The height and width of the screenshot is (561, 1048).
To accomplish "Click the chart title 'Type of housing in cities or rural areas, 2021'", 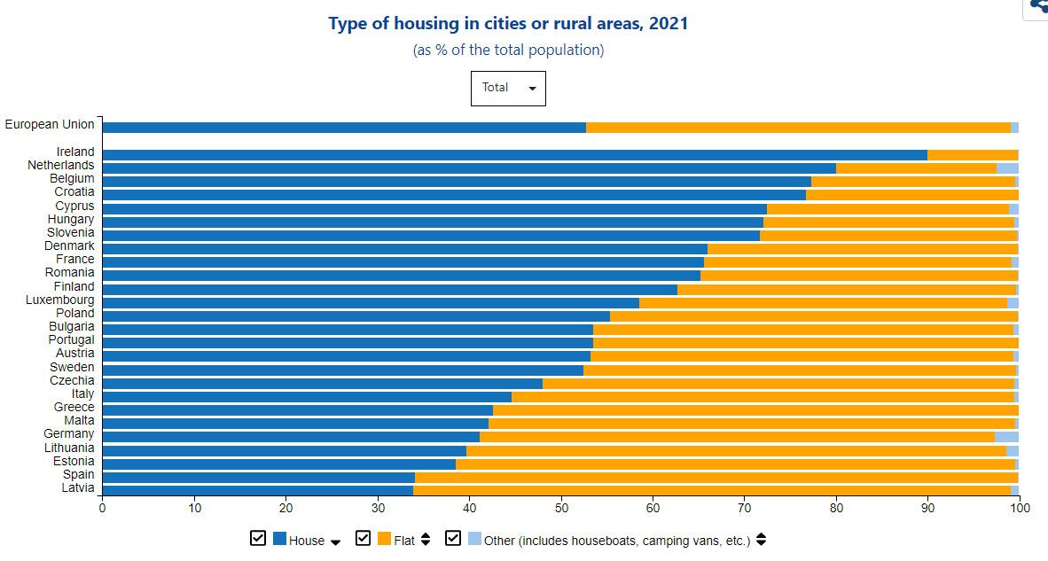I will [x=508, y=24].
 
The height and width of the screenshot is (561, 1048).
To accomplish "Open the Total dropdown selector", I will [x=508, y=88].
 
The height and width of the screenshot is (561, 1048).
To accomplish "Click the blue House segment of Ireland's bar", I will [x=514, y=155].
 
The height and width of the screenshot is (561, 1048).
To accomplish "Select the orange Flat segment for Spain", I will [x=716, y=476].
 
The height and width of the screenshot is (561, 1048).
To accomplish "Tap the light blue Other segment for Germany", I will [x=1006, y=436].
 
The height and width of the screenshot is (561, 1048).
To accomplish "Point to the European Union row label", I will [x=49, y=125].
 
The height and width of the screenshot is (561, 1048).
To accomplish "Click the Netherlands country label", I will [x=60, y=166].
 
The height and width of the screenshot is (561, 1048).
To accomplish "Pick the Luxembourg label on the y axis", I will [x=59, y=300].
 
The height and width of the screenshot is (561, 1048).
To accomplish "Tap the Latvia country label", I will [x=77, y=488].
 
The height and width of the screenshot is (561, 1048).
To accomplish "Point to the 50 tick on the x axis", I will [x=561, y=507].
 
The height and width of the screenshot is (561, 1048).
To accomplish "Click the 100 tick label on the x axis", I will [x=1019, y=507].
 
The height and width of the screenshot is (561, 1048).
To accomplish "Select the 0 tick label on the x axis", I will [x=102, y=507].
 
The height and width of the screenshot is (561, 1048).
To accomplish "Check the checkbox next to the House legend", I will [x=258, y=539].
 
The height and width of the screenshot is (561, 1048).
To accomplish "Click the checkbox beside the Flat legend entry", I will [x=363, y=539].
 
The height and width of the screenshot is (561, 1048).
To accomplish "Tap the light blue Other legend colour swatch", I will [x=474, y=539].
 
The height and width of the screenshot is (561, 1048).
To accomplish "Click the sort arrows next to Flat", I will [x=426, y=540].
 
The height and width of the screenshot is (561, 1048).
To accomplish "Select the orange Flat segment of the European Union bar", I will [x=798, y=128].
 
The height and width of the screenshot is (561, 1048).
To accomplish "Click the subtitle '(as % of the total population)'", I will [x=508, y=50].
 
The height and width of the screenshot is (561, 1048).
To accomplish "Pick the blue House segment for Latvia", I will [x=257, y=489].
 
